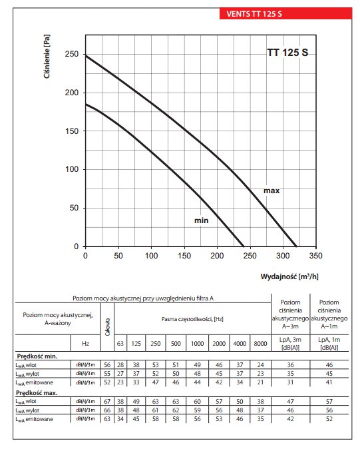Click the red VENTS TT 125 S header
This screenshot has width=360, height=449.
285,14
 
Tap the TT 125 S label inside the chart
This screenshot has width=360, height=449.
287,53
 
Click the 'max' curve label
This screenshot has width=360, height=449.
271,191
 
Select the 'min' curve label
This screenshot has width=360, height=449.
202,221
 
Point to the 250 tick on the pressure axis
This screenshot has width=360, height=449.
71,54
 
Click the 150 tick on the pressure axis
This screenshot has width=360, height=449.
71,131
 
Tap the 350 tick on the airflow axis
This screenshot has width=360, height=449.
315,255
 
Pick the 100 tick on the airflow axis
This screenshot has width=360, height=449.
151,255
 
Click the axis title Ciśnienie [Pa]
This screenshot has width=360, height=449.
47,57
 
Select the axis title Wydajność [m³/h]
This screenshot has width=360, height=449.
289,276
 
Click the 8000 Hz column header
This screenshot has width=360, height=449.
260,343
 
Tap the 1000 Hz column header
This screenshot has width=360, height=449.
197,343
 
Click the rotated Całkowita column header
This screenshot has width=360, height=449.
108,327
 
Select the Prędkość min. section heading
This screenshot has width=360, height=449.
37,356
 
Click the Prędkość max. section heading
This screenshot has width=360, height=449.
37,393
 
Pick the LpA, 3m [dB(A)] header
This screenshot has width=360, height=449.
290,343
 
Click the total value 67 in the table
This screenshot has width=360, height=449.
107,402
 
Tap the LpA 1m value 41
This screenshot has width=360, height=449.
329,382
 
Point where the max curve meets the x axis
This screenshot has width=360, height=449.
296,246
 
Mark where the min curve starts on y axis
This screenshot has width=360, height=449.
86,104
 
